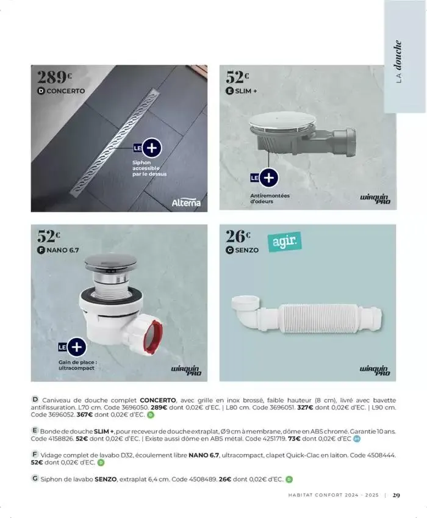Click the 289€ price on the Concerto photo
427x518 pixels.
tap(54, 77)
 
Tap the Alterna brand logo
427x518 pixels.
tap(186, 203)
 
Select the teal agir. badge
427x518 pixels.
tap(284, 242)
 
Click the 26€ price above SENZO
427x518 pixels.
tap(238, 236)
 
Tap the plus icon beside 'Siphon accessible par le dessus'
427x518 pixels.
tap(151, 148)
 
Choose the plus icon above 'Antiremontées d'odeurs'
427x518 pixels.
tap(269, 178)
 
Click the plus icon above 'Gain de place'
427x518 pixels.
tap(77, 347)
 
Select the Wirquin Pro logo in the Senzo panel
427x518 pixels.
tap(375, 370)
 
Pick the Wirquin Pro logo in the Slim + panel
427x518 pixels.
tap(375, 199)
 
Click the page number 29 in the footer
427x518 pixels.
tap(396, 495)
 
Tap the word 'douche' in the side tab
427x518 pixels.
tap(398, 55)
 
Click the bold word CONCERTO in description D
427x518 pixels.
tap(158, 400)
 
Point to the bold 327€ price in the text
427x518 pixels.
tap(305, 408)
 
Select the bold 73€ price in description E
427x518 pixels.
tap(294, 439)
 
